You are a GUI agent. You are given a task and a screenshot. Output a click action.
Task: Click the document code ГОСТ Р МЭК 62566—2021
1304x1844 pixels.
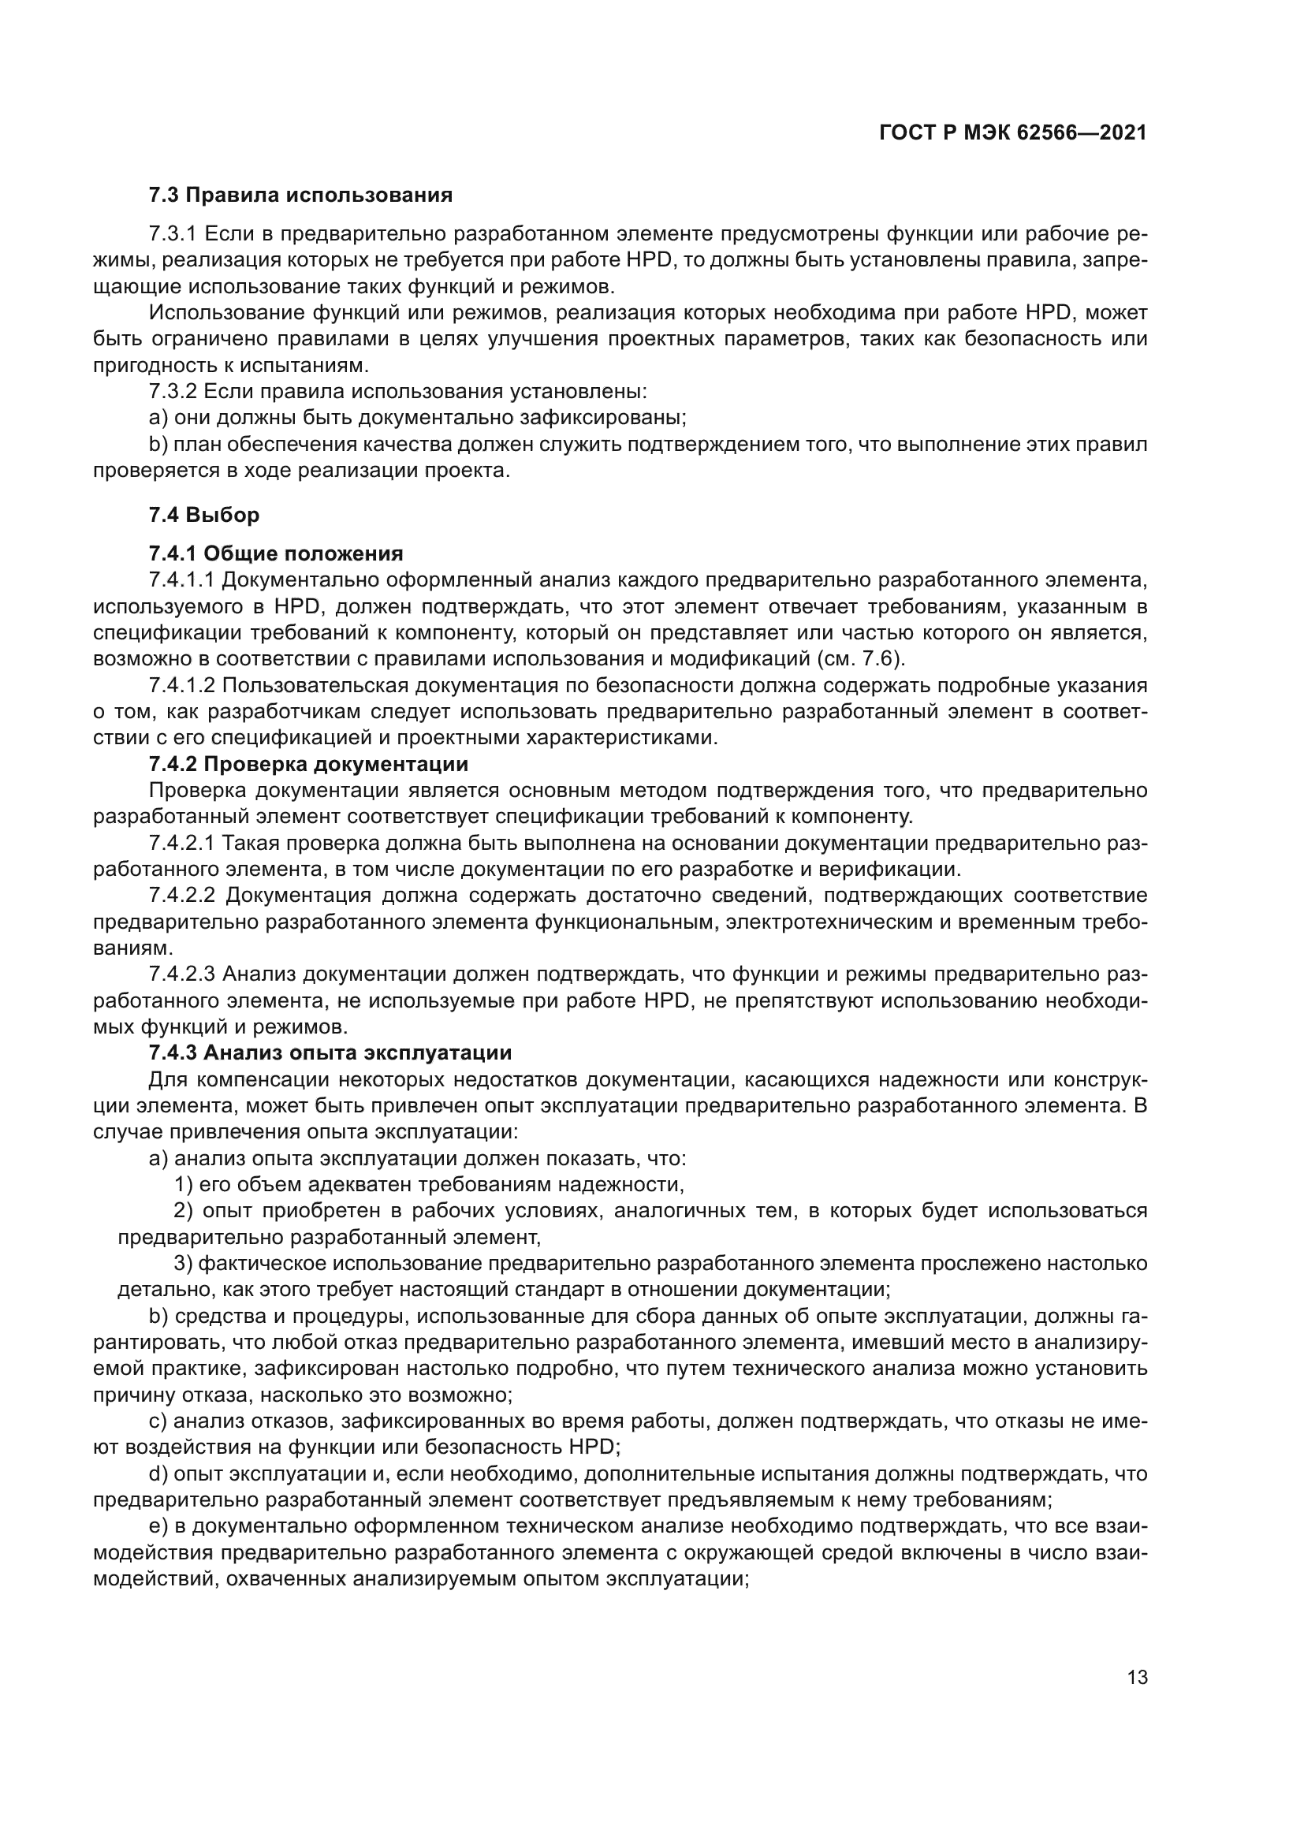coord(1012,133)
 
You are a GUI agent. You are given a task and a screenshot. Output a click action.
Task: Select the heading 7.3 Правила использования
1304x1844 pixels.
coord(300,196)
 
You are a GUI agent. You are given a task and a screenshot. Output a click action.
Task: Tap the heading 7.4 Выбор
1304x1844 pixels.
coord(204,515)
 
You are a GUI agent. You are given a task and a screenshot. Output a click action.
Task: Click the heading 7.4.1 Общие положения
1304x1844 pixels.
coord(275,553)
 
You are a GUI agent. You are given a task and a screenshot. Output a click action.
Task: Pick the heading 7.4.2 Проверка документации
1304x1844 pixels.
coord(308,764)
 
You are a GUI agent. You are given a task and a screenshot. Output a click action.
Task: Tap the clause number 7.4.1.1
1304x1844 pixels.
coord(182,580)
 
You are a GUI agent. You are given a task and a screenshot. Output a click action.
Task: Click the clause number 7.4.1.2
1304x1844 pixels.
coord(182,685)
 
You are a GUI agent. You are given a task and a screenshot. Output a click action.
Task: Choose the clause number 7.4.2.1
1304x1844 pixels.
coord(182,844)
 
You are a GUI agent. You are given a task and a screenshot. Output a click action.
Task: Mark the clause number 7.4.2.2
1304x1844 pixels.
coord(182,896)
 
